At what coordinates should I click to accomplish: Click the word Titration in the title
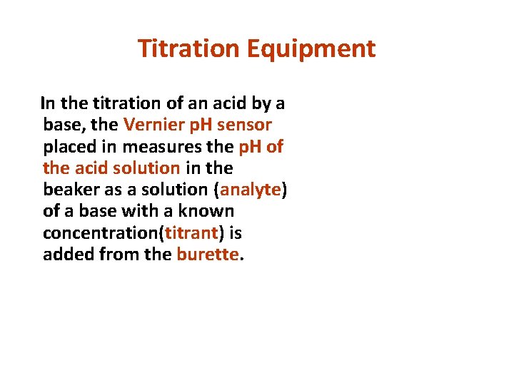coord(188,48)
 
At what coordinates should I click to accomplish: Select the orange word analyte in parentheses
coord(251,190)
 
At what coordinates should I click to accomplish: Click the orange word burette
coord(207,255)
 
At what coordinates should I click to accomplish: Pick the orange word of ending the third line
coord(275,147)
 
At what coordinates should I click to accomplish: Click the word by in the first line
coord(259,103)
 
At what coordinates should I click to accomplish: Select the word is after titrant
coord(236,233)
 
